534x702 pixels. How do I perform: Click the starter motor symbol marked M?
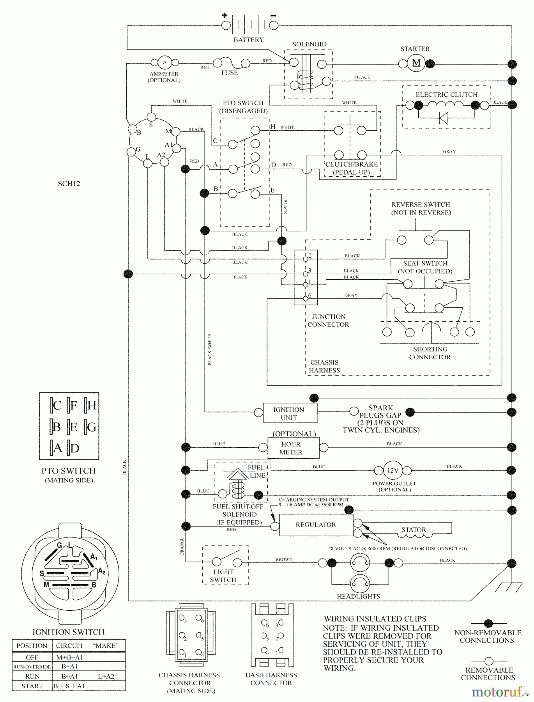(x=416, y=63)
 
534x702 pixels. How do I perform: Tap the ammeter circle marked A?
(x=164, y=62)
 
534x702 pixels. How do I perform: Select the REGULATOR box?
(x=316, y=525)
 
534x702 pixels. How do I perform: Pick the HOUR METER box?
(x=293, y=448)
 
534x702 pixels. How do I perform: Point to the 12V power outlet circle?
(x=393, y=470)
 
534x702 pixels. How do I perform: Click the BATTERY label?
(x=248, y=40)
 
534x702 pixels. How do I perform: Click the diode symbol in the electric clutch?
(x=443, y=118)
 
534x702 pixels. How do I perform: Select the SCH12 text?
(x=69, y=184)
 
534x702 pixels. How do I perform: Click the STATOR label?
(x=414, y=530)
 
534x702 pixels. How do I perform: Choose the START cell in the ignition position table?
(x=32, y=686)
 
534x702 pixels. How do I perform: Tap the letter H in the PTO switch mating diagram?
(x=92, y=406)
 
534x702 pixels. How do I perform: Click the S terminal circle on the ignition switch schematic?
(x=151, y=117)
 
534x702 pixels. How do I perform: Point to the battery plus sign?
(x=225, y=15)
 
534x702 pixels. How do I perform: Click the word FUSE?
(x=230, y=73)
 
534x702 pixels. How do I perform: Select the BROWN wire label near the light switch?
(x=284, y=559)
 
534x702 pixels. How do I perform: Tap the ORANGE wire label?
(x=182, y=547)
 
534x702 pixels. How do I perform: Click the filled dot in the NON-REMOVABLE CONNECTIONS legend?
(x=488, y=624)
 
